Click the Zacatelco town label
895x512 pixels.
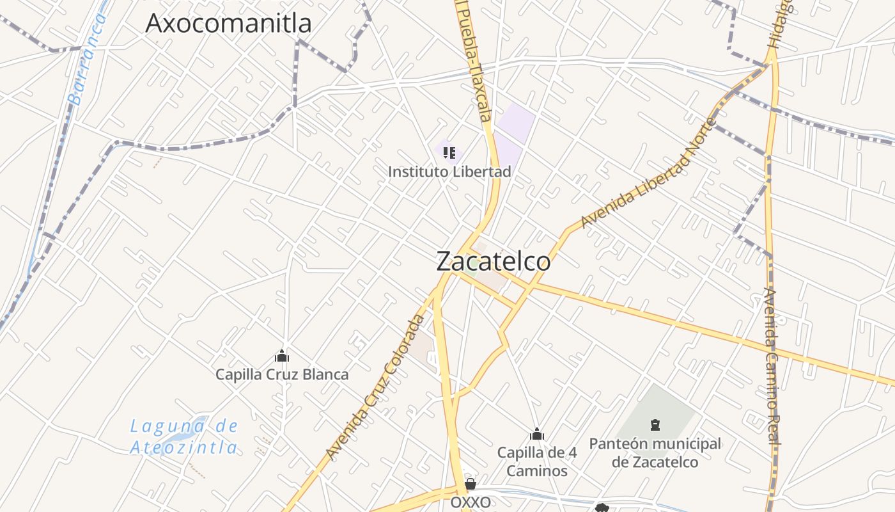[493, 261]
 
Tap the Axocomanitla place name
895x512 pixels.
[228, 23]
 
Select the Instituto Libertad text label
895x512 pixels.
[449, 172]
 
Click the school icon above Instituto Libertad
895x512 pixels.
[449, 153]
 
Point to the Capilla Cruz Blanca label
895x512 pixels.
[282, 374]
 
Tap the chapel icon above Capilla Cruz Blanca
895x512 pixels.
[282, 356]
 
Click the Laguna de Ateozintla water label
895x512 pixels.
[184, 436]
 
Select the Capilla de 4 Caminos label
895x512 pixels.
[537, 461]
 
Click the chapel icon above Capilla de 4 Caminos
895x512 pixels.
[537, 435]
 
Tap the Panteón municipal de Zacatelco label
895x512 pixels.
[655, 452]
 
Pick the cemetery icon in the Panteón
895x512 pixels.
[655, 424]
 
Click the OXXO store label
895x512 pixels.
[471, 502]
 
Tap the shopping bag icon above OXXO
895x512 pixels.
[471, 484]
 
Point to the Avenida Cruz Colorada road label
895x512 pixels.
[375, 387]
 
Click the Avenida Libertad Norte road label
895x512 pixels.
[646, 173]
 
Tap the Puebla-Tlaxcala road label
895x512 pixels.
[477, 64]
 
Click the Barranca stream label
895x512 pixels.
[88, 59]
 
